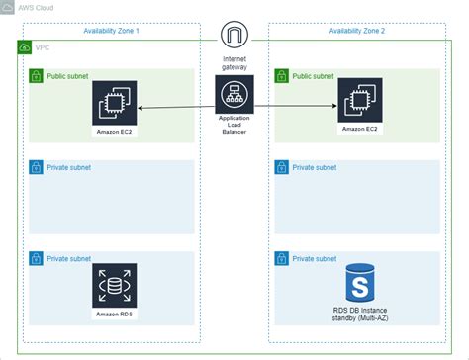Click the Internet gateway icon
(x=234, y=37)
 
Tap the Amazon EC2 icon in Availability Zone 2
(x=360, y=101)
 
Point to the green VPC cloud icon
(x=25, y=46)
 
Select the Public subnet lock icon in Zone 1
(x=36, y=75)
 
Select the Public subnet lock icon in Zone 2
(x=282, y=75)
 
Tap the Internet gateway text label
(x=234, y=63)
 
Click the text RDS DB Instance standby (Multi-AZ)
(x=360, y=316)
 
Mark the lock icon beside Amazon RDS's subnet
(x=36, y=258)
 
